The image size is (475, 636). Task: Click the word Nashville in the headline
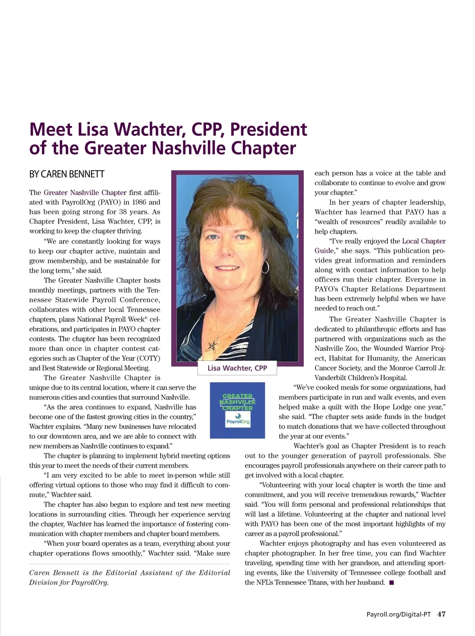(x=190, y=149)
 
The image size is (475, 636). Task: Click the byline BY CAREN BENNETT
(x=66, y=174)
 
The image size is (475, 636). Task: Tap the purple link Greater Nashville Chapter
(x=85, y=193)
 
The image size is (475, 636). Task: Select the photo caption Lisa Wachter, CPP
(x=237, y=368)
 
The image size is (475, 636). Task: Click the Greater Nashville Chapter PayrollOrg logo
(x=237, y=410)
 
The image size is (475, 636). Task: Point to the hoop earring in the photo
(x=265, y=267)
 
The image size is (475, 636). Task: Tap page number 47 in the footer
(x=441, y=614)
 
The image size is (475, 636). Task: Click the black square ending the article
(x=391, y=583)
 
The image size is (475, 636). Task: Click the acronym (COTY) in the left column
(x=148, y=358)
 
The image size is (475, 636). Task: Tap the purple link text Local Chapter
(x=424, y=241)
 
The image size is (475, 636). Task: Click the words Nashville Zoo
(x=336, y=348)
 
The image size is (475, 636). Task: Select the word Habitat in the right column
(x=340, y=358)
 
